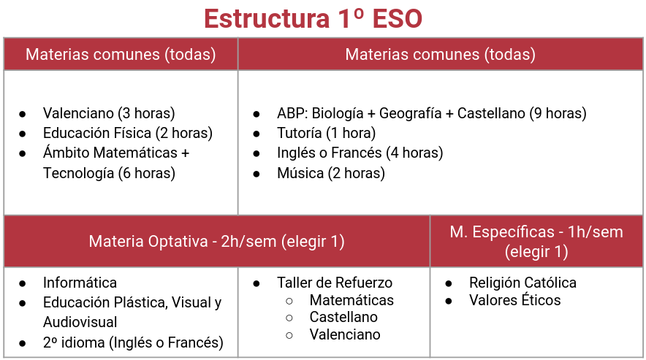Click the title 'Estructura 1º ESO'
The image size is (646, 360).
313,18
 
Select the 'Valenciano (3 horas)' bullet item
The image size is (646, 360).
109,113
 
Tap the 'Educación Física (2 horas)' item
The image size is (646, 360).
127,133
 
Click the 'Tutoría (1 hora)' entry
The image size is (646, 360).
326,133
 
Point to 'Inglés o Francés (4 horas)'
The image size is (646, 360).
360,153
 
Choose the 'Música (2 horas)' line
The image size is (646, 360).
330,173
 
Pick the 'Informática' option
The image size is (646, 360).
80,283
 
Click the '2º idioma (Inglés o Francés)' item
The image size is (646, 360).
133,342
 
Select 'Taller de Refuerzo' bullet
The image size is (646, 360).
334,283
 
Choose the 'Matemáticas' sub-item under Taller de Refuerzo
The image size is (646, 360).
351,300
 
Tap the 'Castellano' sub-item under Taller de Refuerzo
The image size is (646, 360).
343,318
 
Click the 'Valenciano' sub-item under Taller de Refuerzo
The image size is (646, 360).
345,335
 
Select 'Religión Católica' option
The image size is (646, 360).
522,283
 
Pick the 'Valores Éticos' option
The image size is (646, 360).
514,300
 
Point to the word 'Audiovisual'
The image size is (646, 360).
80,322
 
